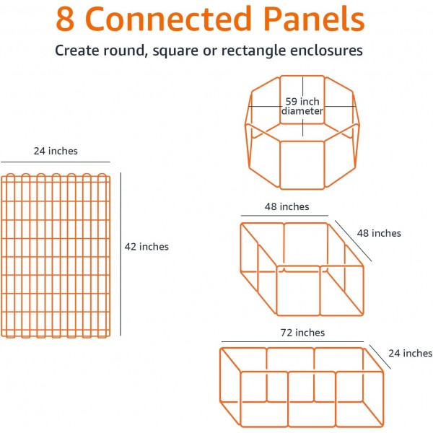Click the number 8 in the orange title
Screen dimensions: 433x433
[65, 19]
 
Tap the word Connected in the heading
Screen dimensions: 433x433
[168, 18]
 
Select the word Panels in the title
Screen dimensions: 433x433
[314, 18]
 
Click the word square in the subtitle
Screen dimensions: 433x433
[175, 51]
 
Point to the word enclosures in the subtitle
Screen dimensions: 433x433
[326, 51]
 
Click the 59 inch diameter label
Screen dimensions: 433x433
[302, 106]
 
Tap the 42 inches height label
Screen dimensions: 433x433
[146, 247]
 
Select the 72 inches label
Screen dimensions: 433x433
[302, 333]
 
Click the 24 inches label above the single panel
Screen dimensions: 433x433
[56, 151]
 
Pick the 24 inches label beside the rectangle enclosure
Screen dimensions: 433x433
[411, 353]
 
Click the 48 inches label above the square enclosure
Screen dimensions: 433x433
[287, 206]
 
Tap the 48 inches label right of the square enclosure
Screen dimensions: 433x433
[379, 233]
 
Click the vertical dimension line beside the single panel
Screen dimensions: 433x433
[121, 254]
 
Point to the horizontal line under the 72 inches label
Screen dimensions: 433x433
[292, 341]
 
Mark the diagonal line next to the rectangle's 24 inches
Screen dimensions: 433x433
[380, 357]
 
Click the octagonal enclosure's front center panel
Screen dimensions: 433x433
[302, 165]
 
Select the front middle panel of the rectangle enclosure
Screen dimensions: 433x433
[312, 399]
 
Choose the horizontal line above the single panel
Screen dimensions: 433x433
[56, 162]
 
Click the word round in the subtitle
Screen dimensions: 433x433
[123, 51]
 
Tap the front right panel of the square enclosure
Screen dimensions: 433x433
[341, 291]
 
